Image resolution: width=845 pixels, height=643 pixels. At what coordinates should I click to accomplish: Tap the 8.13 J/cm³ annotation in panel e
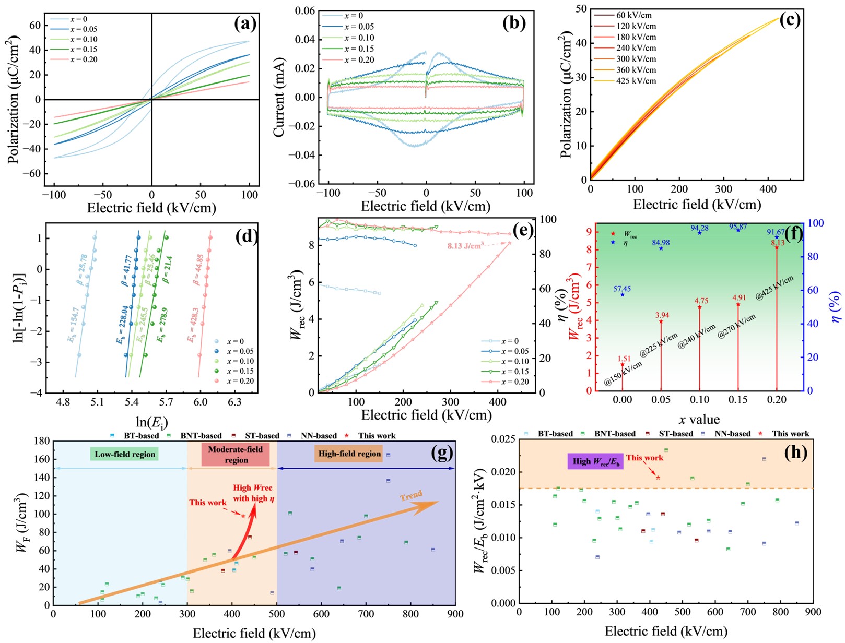point(465,245)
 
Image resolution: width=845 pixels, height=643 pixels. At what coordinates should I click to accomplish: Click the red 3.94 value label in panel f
point(662,315)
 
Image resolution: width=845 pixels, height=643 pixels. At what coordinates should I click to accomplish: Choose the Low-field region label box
point(125,454)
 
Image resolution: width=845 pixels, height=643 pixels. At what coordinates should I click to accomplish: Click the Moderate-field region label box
point(236,455)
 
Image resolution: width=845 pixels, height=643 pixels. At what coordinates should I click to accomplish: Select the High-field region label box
point(349,454)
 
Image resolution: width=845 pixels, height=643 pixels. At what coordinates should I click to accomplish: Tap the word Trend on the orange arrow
point(411,495)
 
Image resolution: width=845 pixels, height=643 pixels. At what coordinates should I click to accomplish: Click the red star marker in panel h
point(658,478)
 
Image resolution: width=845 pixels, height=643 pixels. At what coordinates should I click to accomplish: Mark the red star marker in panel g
point(243,516)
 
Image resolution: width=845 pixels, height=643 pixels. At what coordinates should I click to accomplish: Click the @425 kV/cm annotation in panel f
point(774,288)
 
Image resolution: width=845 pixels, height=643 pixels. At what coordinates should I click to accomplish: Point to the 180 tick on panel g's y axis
point(42,441)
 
